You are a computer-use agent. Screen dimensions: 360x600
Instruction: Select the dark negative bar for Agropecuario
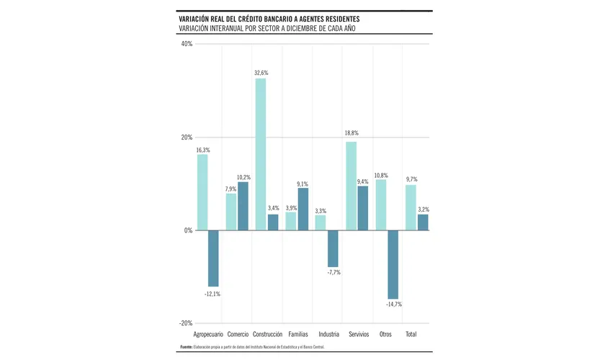pos(213,258)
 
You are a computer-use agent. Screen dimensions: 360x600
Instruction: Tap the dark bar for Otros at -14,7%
pos(393,264)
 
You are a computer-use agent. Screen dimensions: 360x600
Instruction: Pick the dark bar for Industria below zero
pos(333,248)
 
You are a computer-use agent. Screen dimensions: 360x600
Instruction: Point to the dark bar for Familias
pos(303,209)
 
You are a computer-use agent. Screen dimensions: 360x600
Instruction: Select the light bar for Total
pos(411,207)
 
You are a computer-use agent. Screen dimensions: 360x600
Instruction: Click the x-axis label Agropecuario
pos(208,335)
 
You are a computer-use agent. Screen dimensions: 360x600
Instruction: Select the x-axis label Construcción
pos(267,335)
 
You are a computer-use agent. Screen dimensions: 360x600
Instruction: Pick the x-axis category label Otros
pos(385,335)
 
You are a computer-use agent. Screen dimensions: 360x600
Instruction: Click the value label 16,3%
pos(203,149)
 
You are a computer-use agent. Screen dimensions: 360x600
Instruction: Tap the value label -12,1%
pos(212,294)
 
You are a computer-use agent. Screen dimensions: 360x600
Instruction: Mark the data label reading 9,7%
pos(411,179)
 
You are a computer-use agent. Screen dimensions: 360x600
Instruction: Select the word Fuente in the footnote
pos(186,347)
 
